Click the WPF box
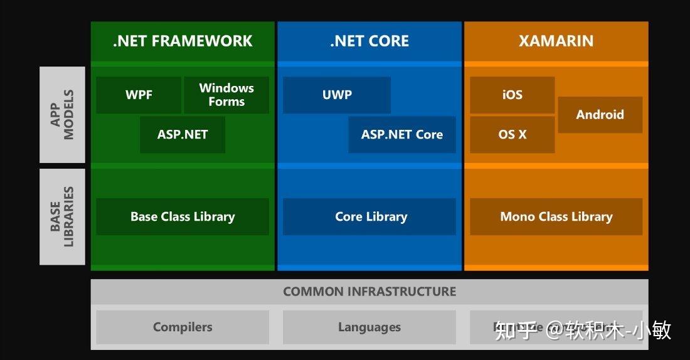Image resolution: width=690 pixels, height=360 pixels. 139,95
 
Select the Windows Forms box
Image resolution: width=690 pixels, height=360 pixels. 226,95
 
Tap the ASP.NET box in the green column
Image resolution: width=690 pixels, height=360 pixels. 183,135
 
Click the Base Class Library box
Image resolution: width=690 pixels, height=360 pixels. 183,217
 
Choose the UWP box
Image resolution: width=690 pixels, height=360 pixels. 337,95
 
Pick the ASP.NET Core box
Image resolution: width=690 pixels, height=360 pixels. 402,135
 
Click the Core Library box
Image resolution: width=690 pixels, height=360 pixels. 369,217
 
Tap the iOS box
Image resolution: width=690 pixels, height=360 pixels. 512,95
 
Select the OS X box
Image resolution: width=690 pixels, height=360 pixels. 512,135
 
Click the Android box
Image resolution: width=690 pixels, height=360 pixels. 600,115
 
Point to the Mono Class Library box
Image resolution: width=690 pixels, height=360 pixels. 556,217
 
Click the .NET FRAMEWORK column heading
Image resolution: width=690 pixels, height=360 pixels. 183,41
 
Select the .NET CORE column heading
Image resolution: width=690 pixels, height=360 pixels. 369,41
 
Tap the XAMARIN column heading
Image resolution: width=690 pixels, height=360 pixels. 556,41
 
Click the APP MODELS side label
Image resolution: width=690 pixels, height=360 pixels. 62,115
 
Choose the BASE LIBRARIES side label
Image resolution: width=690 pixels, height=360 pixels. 62,217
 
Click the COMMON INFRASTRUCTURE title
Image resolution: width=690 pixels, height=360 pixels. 369,292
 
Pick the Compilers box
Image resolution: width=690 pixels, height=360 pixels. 183,327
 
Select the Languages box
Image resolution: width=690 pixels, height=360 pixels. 369,327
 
